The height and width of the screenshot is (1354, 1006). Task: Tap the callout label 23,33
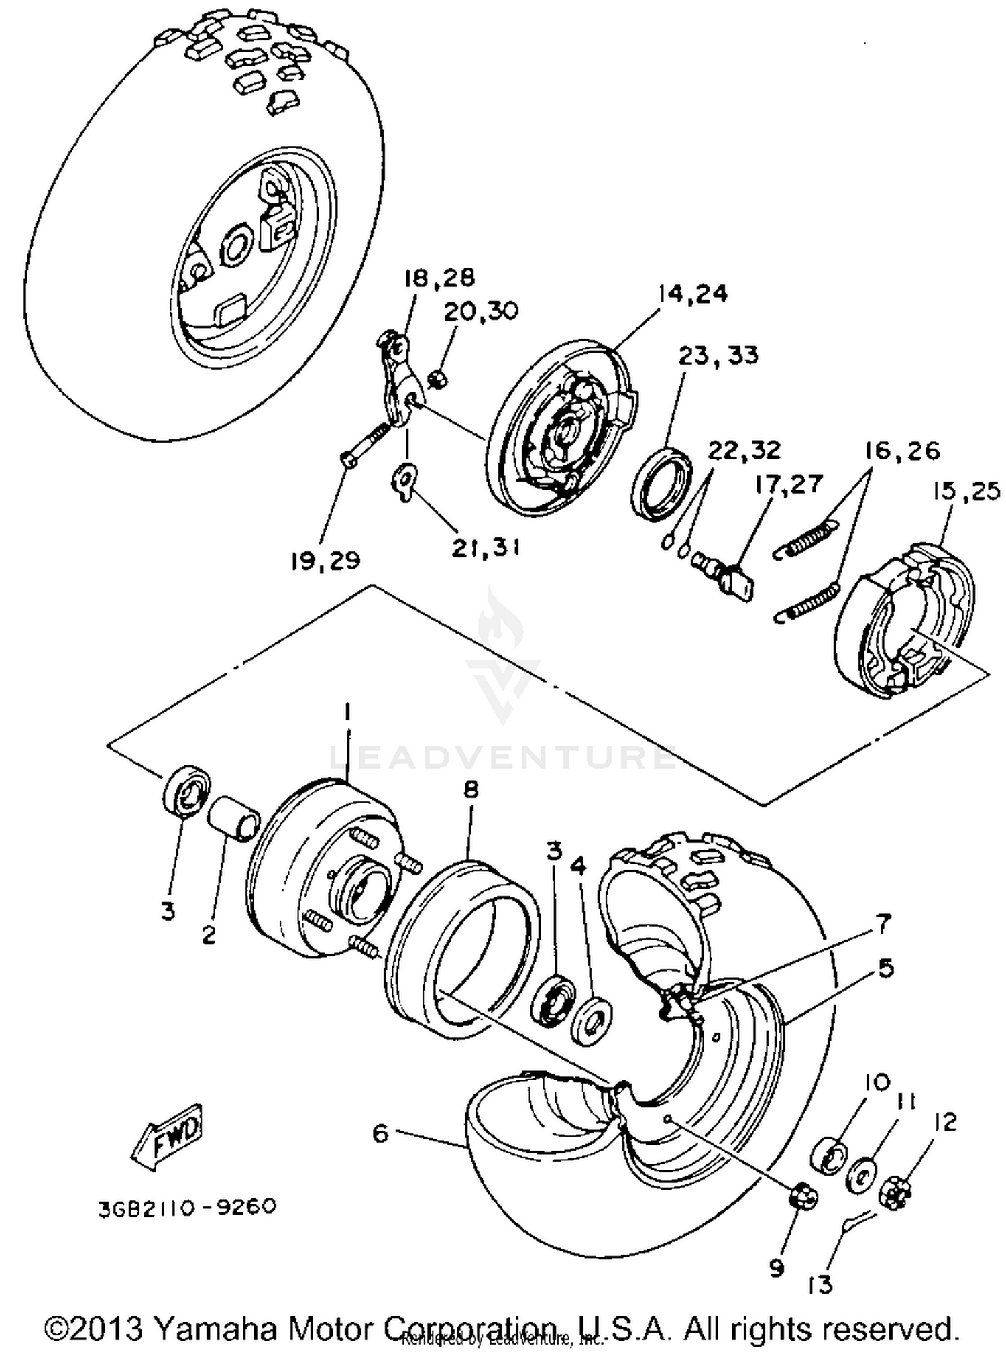[x=718, y=355]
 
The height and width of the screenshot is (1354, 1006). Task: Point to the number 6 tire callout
[x=380, y=1133]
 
